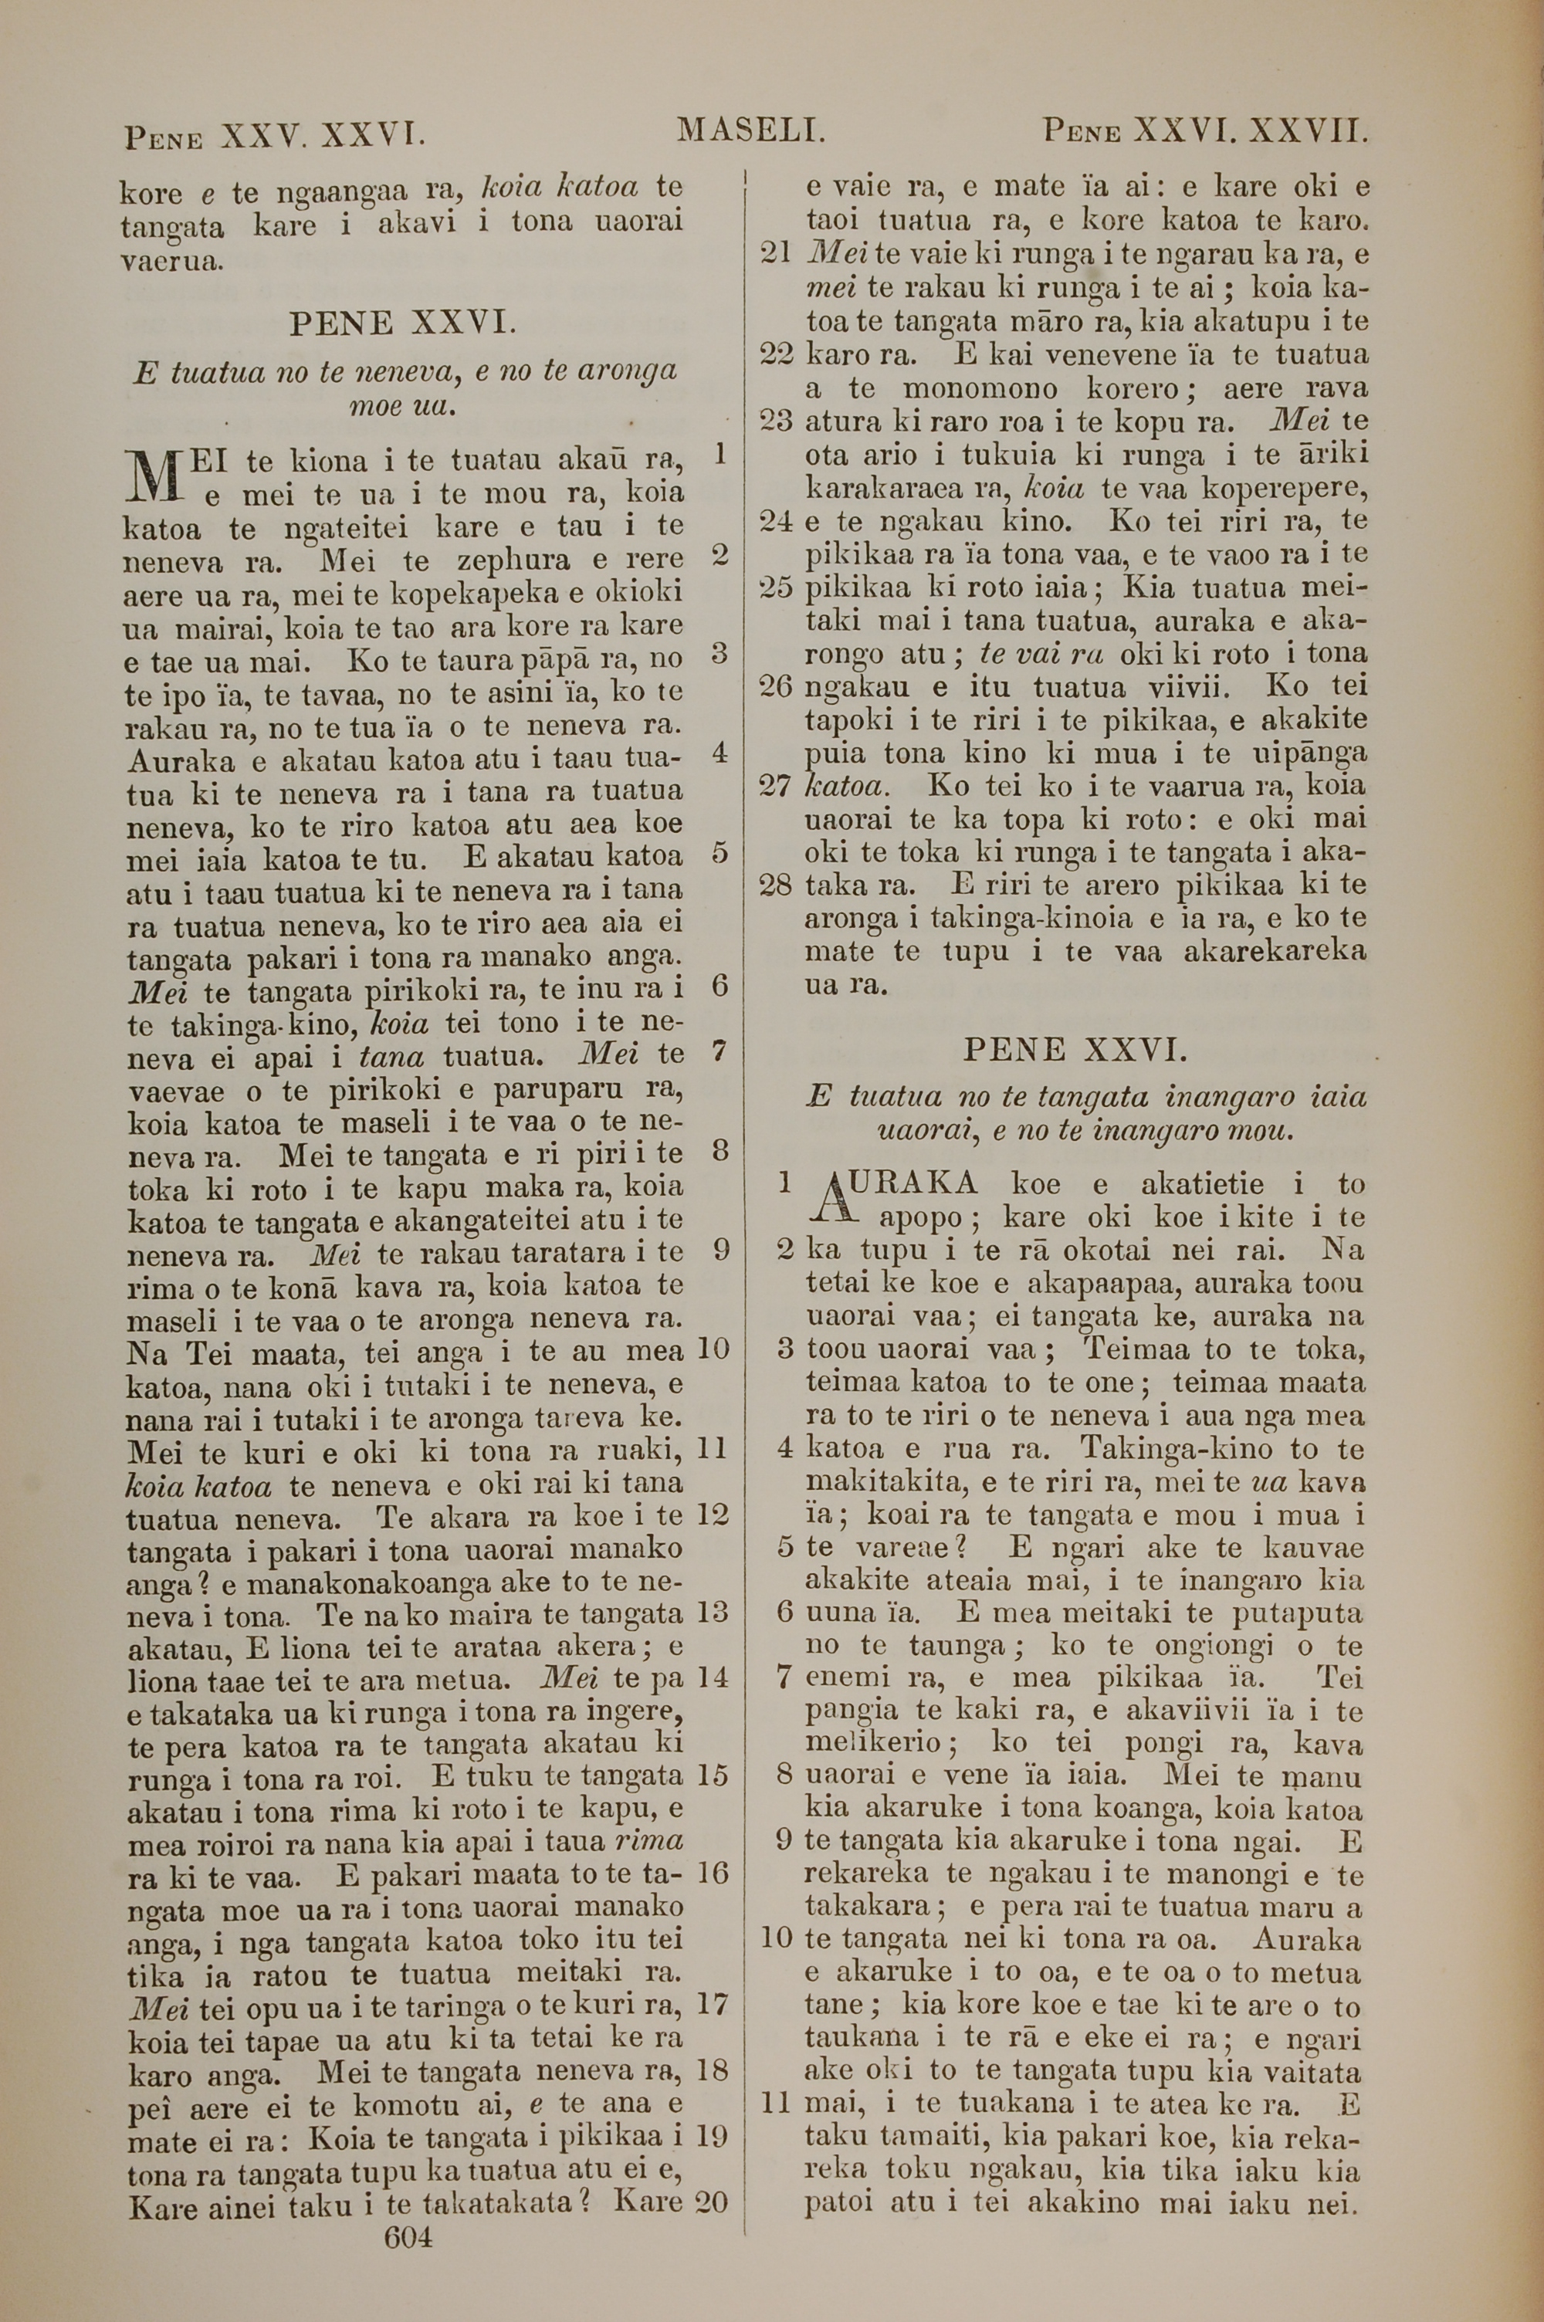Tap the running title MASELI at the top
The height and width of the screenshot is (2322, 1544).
(750, 129)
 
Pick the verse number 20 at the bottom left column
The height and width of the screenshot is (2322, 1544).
(711, 2171)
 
